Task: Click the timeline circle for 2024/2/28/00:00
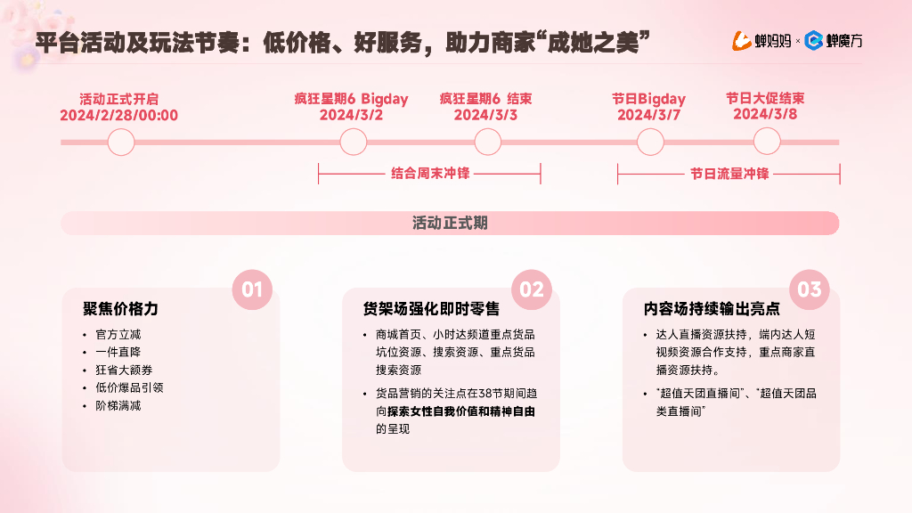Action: pos(120,142)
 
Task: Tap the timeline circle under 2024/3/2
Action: pos(354,142)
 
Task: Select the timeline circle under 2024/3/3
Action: pos(487,142)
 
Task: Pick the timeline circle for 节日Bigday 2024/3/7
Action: pos(650,142)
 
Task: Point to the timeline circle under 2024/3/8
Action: pos(767,142)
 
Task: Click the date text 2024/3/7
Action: pos(648,115)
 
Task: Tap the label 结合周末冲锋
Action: pos(429,174)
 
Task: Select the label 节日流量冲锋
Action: pos(729,174)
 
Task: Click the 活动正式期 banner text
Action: pos(450,223)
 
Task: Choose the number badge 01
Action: pos(252,289)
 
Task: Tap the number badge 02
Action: pos(532,289)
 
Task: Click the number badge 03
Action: pos(810,289)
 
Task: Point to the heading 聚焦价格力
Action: pos(120,309)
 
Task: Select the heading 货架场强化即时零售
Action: pos(431,309)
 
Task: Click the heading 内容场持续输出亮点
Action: pos(711,309)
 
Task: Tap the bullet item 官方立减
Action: pos(118,335)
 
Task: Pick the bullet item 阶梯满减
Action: pos(118,405)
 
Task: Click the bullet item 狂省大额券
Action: pos(124,370)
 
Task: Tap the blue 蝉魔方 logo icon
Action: pos(812,40)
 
